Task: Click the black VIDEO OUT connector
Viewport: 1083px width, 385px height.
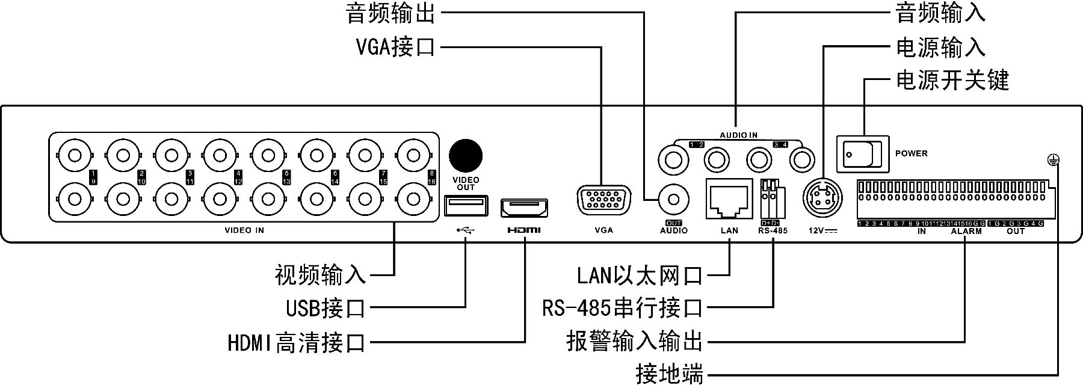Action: (x=466, y=155)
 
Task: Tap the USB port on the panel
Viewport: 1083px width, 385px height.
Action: (x=466, y=206)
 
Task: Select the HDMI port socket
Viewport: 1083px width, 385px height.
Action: (x=525, y=208)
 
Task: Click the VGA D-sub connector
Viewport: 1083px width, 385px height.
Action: (x=603, y=201)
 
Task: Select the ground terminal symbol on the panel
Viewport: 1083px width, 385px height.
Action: (x=1052, y=159)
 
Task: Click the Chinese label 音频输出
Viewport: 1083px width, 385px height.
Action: (x=390, y=13)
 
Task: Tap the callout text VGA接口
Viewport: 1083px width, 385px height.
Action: (x=395, y=46)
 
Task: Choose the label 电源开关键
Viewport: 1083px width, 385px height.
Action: (x=952, y=80)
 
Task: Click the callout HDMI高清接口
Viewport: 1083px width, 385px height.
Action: (x=297, y=343)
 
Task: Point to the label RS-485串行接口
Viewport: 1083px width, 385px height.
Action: (x=622, y=309)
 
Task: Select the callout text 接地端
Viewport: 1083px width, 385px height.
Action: (x=669, y=374)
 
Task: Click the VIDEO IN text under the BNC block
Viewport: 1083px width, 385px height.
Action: (x=244, y=230)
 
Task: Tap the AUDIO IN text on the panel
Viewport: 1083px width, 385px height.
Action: (x=739, y=135)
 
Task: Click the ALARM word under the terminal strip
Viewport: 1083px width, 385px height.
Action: (x=966, y=231)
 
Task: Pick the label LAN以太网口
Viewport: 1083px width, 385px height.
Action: (x=640, y=276)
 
